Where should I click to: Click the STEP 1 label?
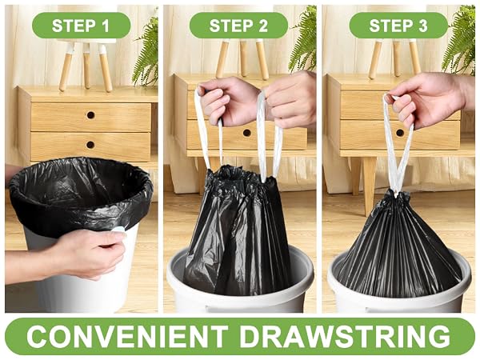(81, 26)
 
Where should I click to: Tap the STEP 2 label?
(238, 26)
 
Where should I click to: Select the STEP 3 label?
(398, 26)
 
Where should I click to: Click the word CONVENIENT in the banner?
(127, 337)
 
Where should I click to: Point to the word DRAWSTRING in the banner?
(345, 337)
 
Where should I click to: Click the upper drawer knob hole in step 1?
(90, 115)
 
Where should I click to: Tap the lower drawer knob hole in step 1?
(90, 145)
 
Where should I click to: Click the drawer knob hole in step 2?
(246, 133)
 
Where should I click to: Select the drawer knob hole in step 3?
(400, 133)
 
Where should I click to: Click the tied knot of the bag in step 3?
(395, 195)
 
